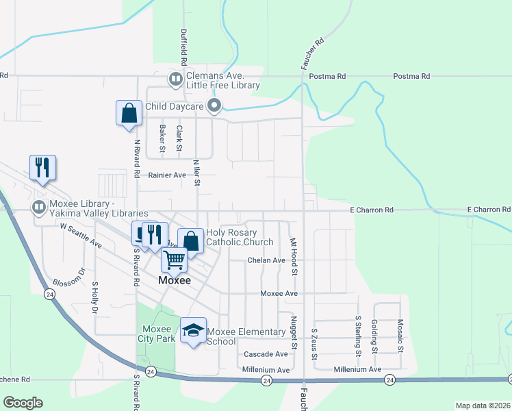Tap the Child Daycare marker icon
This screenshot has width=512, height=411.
coord(214,105)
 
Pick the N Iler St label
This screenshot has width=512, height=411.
coord(196,173)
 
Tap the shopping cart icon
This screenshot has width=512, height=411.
coord(174,260)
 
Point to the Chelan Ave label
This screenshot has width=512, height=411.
coord(266,260)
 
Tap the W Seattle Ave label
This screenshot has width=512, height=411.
coord(81,235)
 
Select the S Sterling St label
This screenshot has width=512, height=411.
coord(358,336)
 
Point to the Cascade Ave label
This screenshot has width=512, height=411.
coord(266,354)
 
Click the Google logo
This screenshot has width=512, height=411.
coord(23,403)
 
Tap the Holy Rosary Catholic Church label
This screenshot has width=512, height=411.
coord(240,237)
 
